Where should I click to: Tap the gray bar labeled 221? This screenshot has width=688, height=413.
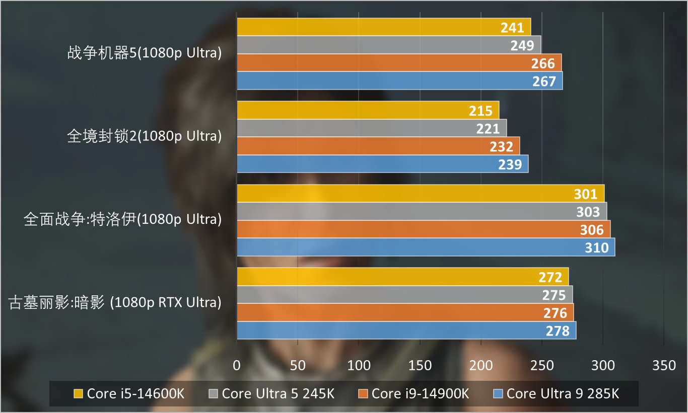point(371,128)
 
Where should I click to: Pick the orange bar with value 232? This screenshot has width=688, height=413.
point(378,146)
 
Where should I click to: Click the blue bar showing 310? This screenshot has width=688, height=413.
point(426,247)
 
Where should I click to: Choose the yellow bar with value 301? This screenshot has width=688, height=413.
point(420,194)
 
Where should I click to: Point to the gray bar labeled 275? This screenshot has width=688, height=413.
point(404,294)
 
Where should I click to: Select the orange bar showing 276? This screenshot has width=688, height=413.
point(405,312)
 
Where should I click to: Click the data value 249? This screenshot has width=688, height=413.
point(522,45)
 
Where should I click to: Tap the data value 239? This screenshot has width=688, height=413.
point(510,164)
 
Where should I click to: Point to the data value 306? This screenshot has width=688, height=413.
point(591,229)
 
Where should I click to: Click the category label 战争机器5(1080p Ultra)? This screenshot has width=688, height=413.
point(144,53)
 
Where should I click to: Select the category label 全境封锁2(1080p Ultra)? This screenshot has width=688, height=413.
point(144,136)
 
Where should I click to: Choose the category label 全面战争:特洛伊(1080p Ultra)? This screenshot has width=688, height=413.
point(122,220)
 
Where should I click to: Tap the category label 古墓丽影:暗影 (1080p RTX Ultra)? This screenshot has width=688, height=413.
point(115,303)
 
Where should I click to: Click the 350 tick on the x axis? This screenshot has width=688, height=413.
point(664,366)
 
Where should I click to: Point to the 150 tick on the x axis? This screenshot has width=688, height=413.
point(420,366)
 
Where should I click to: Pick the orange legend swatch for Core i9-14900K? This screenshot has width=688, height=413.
point(363,393)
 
